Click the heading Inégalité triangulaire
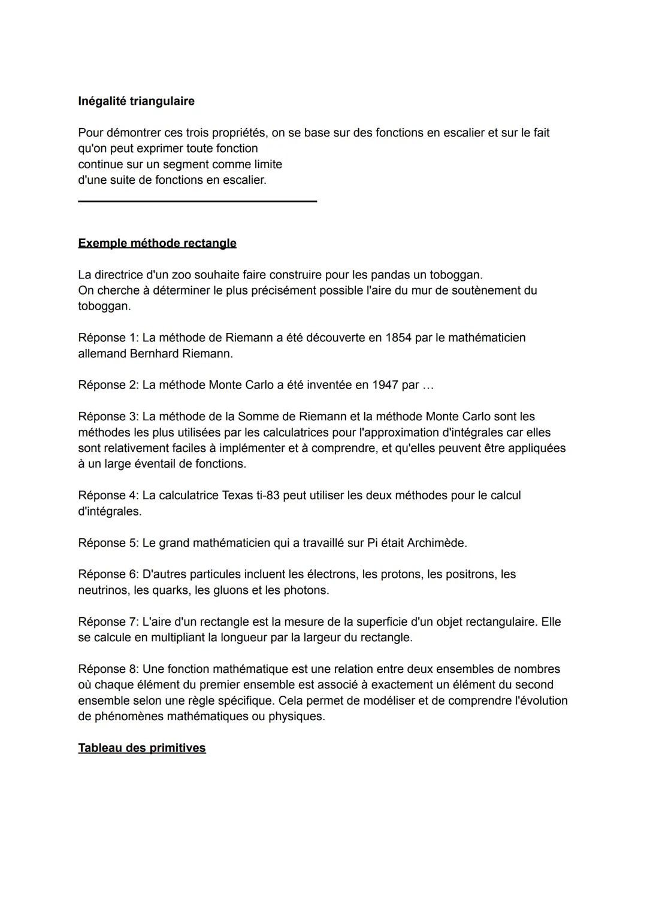point(136,101)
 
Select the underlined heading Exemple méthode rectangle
point(157,243)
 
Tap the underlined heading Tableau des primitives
point(141,748)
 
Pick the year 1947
point(385,385)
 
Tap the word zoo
point(182,275)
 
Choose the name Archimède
point(437,543)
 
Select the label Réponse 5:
point(108,543)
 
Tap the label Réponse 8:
point(108,669)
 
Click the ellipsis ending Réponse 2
point(428,385)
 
